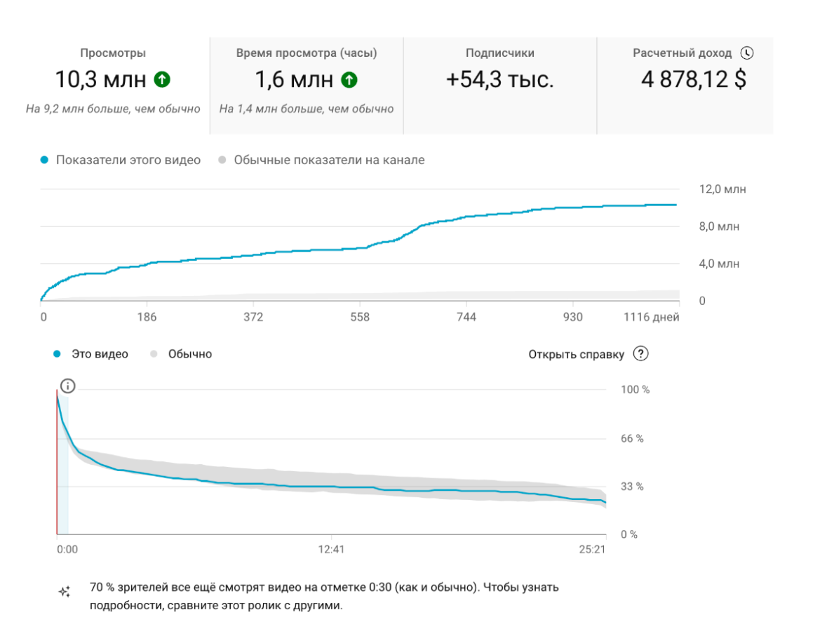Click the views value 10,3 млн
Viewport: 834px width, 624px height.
click(100, 80)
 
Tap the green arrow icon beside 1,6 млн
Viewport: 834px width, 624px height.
click(349, 80)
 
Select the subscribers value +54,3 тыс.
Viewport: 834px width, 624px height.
click(499, 80)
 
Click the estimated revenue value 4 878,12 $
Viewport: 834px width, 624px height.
click(693, 80)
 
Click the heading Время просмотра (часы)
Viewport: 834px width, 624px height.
click(307, 53)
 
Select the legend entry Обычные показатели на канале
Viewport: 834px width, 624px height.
click(329, 160)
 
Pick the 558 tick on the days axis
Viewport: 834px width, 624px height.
click(359, 318)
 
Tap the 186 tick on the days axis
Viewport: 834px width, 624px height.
click(147, 318)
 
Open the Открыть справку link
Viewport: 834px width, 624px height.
click(576, 354)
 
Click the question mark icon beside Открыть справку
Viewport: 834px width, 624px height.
click(640, 353)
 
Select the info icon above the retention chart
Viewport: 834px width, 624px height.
click(67, 386)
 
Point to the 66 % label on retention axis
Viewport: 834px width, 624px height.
click(632, 439)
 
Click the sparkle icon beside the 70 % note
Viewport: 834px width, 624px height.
click(64, 592)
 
